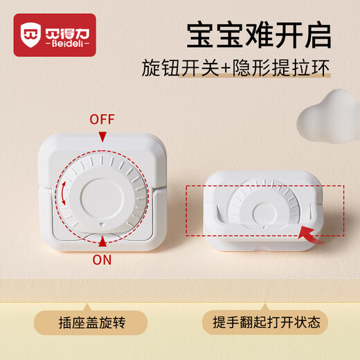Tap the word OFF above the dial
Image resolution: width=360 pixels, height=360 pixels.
point(102,119)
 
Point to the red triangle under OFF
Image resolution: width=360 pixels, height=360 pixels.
point(102,137)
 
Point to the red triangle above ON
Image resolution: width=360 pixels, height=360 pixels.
point(102,241)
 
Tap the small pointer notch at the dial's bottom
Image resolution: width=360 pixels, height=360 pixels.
point(102,225)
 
